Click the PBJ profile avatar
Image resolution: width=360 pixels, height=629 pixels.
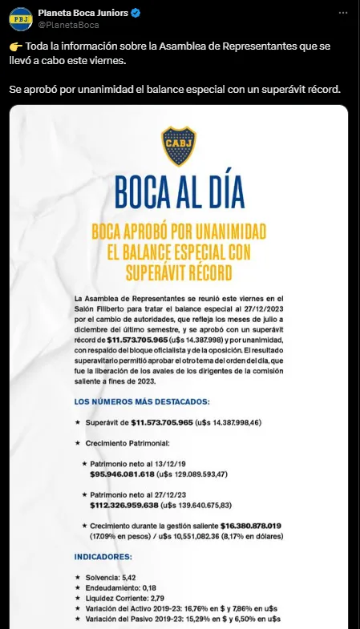click(22, 18)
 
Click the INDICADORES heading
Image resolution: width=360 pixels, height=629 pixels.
click(103, 554)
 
